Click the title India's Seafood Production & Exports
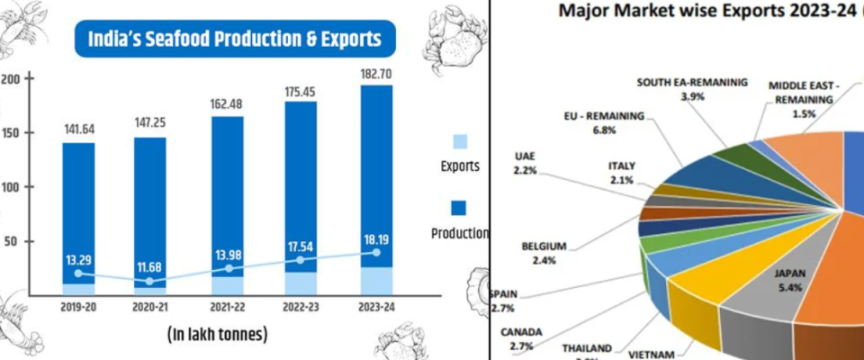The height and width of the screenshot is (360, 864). tap(233, 40)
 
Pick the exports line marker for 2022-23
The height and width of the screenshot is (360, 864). tap(301, 260)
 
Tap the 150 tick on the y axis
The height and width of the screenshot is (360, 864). tap(11, 133)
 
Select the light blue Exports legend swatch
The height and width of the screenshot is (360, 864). tap(459, 141)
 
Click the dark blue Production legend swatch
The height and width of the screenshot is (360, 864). tap(459, 208)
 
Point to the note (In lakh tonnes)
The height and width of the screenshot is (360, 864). tap(218, 334)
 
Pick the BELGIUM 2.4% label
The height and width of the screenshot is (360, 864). tap(544, 253)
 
